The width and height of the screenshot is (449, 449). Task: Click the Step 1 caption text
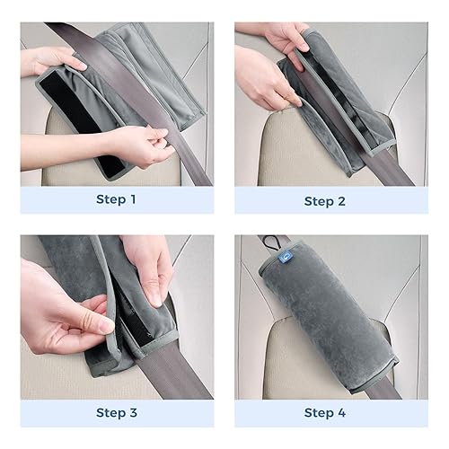[x=117, y=198]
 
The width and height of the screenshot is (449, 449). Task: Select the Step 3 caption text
[x=117, y=412]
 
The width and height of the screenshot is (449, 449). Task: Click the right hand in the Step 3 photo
[x=148, y=269]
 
